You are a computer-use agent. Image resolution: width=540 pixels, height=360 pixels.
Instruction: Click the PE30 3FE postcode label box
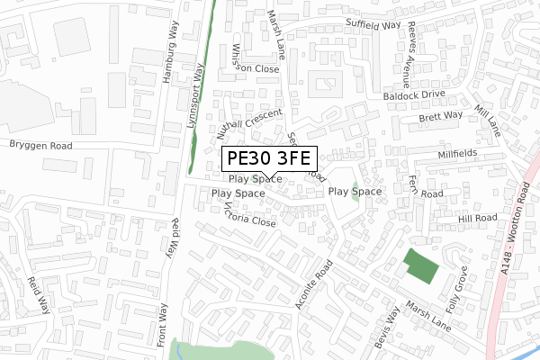tap(268, 159)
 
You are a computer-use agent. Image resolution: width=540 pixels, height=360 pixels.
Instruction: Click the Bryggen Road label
tap(40, 145)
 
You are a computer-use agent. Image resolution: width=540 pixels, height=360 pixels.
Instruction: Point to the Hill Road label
tap(477, 219)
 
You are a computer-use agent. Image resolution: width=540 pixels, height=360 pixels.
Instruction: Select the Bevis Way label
tap(387, 328)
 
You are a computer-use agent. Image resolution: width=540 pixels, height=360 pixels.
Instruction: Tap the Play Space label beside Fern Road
tap(355, 192)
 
